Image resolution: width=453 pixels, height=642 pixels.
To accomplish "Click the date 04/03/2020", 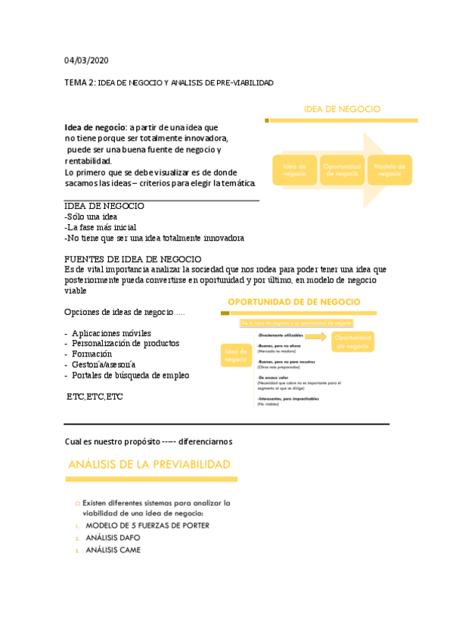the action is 86,61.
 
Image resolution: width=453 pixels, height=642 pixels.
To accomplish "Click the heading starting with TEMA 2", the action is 169,82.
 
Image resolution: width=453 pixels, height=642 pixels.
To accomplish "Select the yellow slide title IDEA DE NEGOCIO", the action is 342,109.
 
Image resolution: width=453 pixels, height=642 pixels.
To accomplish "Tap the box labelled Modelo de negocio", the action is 389,170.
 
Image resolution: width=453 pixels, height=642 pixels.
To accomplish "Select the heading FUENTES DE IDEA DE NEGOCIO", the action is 133,259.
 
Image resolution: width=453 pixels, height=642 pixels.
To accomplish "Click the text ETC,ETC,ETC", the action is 95,396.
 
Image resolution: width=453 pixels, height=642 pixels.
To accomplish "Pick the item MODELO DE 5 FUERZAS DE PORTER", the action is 147,525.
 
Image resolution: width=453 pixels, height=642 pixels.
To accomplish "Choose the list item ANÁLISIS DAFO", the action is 113,538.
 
